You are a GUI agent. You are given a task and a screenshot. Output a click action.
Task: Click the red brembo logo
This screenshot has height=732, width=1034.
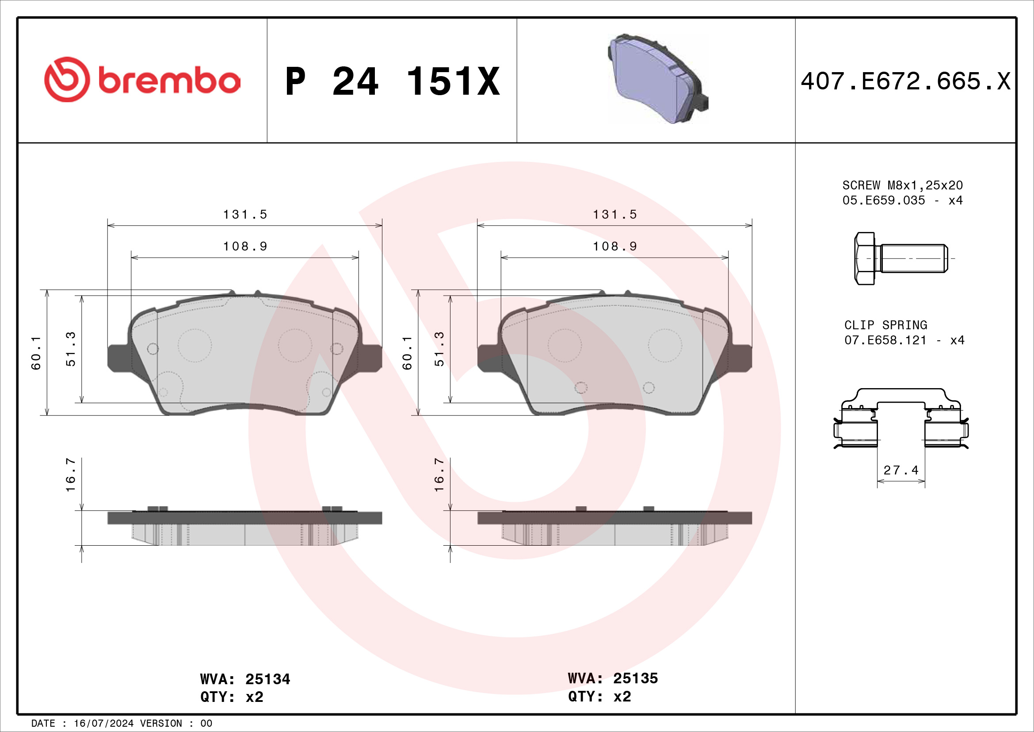(142, 80)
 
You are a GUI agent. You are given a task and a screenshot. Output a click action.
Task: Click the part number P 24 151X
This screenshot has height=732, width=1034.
(393, 81)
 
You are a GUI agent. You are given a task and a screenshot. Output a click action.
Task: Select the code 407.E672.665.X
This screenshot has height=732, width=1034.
(906, 81)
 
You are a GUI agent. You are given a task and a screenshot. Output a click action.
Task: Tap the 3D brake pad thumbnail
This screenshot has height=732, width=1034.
(658, 78)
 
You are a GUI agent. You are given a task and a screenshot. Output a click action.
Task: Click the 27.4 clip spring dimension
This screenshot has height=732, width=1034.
(900, 470)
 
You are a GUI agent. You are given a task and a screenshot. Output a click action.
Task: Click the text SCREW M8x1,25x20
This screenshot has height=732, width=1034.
(903, 185)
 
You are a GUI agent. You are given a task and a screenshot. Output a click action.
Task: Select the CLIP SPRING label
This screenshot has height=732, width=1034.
(886, 325)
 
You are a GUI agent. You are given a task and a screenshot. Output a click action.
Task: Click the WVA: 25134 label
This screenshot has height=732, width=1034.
(245, 679)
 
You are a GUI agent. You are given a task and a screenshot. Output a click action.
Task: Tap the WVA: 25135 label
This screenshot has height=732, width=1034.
(613, 678)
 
